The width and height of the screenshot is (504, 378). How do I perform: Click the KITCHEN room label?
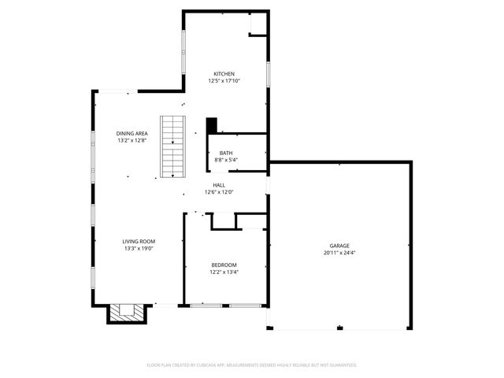coord(224,74)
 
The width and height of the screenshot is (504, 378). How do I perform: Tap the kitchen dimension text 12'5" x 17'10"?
coord(224,81)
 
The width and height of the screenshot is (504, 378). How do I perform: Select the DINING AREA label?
coord(132,133)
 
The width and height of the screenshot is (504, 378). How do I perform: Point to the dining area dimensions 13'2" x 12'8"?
coord(132,140)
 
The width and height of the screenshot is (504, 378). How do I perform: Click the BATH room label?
coord(226,153)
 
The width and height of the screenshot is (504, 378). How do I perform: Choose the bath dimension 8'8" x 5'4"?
coord(226,160)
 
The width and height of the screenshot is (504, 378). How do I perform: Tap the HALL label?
coord(219,185)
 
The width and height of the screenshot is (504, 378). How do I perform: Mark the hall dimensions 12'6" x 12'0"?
coord(219,192)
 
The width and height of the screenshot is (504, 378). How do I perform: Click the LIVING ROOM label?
coord(139,242)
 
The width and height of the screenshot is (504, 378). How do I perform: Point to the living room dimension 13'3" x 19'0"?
coord(139,249)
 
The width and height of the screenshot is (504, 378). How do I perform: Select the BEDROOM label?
coord(224,265)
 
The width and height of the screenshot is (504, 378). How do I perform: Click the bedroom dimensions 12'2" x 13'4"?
coord(224,272)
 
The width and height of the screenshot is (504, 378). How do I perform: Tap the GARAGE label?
coord(339,246)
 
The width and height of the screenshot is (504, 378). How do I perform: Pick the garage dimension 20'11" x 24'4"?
coord(339,253)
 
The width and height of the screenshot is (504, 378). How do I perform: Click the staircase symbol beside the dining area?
coord(173,146)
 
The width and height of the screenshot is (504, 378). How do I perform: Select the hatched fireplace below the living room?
coord(127,313)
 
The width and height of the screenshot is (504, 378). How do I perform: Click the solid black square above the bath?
coord(212,126)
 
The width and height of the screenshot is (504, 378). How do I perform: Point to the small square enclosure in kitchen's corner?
coord(258,24)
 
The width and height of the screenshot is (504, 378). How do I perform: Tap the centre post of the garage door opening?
coord(339,328)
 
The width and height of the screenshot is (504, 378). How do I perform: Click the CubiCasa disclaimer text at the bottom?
coord(252,365)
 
